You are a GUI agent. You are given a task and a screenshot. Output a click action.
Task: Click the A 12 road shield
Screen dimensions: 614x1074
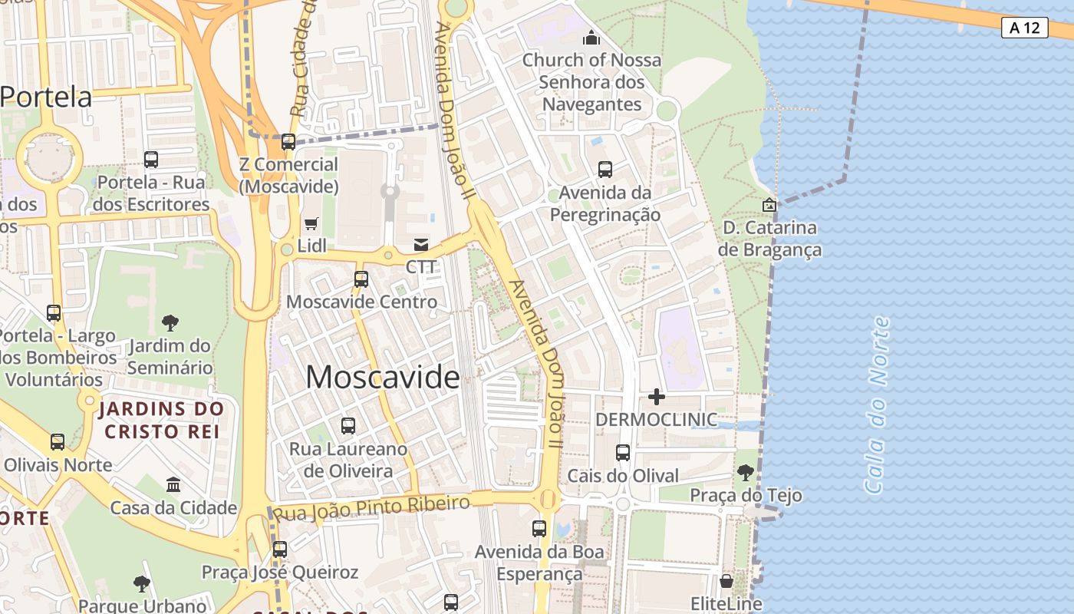(1024, 28)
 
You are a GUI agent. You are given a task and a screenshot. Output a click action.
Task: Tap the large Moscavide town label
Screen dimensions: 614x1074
(383, 377)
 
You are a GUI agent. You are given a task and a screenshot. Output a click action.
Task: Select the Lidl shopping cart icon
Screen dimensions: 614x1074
(311, 224)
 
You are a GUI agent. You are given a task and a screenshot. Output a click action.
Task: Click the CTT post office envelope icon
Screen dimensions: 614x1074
(421, 245)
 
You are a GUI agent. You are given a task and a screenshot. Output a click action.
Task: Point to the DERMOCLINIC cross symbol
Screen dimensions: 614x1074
(657, 397)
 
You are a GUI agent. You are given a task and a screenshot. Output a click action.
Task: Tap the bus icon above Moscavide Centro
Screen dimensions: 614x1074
(361, 279)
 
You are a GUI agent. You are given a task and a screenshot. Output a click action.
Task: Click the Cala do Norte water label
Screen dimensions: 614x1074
(878, 404)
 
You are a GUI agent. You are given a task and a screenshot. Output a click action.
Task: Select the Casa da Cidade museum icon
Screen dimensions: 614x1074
(173, 485)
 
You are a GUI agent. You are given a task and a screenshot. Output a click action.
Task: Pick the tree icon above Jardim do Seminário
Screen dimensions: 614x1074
(170, 323)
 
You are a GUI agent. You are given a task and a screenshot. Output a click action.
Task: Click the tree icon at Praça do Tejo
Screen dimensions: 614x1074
(745, 473)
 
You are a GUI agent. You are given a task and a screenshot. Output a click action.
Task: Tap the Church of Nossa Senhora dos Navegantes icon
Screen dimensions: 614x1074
(591, 37)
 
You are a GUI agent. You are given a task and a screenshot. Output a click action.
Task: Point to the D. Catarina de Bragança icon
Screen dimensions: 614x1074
(769, 205)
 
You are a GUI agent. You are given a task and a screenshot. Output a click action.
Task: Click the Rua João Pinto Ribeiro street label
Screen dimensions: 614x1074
(372, 508)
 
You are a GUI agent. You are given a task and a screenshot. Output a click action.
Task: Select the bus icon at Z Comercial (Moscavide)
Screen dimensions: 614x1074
(288, 142)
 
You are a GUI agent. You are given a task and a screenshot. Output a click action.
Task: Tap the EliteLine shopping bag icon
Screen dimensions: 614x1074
(726, 581)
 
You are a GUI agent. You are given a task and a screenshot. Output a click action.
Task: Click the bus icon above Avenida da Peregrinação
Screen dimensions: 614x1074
(605, 170)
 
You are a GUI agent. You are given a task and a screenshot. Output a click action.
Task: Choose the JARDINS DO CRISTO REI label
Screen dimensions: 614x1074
(161, 420)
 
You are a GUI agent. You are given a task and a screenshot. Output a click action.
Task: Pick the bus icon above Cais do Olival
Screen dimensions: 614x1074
(623, 453)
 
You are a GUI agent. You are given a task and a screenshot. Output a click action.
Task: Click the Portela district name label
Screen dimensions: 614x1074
(46, 97)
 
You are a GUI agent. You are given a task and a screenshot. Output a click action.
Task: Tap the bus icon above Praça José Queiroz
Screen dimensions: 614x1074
(280, 550)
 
